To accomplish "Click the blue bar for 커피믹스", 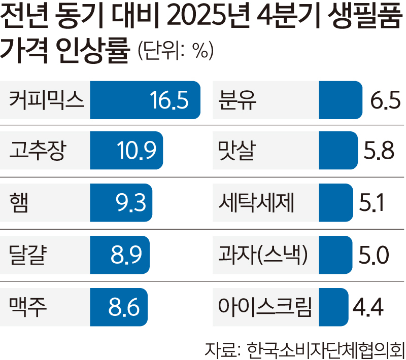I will click(x=122, y=100).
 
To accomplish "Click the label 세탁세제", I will click(x=257, y=202).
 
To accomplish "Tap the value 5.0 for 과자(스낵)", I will click(x=374, y=255).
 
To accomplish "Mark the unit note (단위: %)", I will click(x=175, y=51).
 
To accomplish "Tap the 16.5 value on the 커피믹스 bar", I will click(x=170, y=100).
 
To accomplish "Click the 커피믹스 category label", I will click(x=46, y=100).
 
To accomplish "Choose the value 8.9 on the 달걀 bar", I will click(x=125, y=255).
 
